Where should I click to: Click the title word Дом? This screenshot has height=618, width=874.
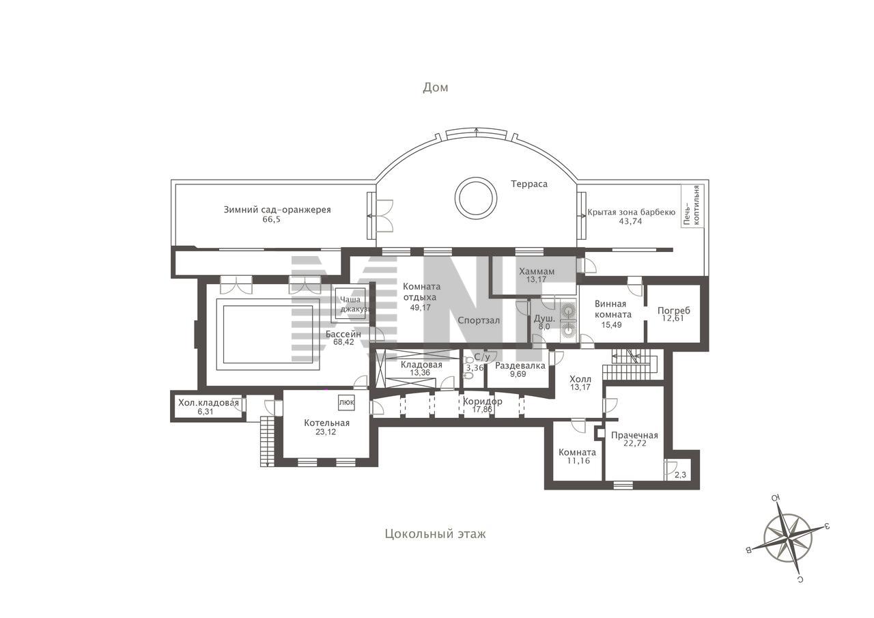[x=436, y=87]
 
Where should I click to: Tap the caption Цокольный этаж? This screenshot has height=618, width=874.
[x=436, y=534]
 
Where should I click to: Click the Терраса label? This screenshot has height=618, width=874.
[x=529, y=184]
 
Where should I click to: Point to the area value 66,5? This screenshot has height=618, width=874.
[x=272, y=219]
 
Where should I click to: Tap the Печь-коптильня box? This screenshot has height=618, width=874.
[x=692, y=206]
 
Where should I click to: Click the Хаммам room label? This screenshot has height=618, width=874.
[x=537, y=271]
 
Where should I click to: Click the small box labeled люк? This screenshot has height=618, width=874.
[x=346, y=402]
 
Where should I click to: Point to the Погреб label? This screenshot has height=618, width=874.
[x=674, y=311]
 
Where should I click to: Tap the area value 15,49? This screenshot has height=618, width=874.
[x=611, y=325]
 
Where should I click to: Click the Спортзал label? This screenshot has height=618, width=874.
[x=479, y=321]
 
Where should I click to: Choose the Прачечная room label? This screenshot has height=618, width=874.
[x=634, y=435]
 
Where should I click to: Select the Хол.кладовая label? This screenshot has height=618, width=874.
[x=208, y=403]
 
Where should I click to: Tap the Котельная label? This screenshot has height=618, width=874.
[x=327, y=423]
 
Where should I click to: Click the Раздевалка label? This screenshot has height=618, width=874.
[x=520, y=366]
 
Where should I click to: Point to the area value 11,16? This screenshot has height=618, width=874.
[x=578, y=461]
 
